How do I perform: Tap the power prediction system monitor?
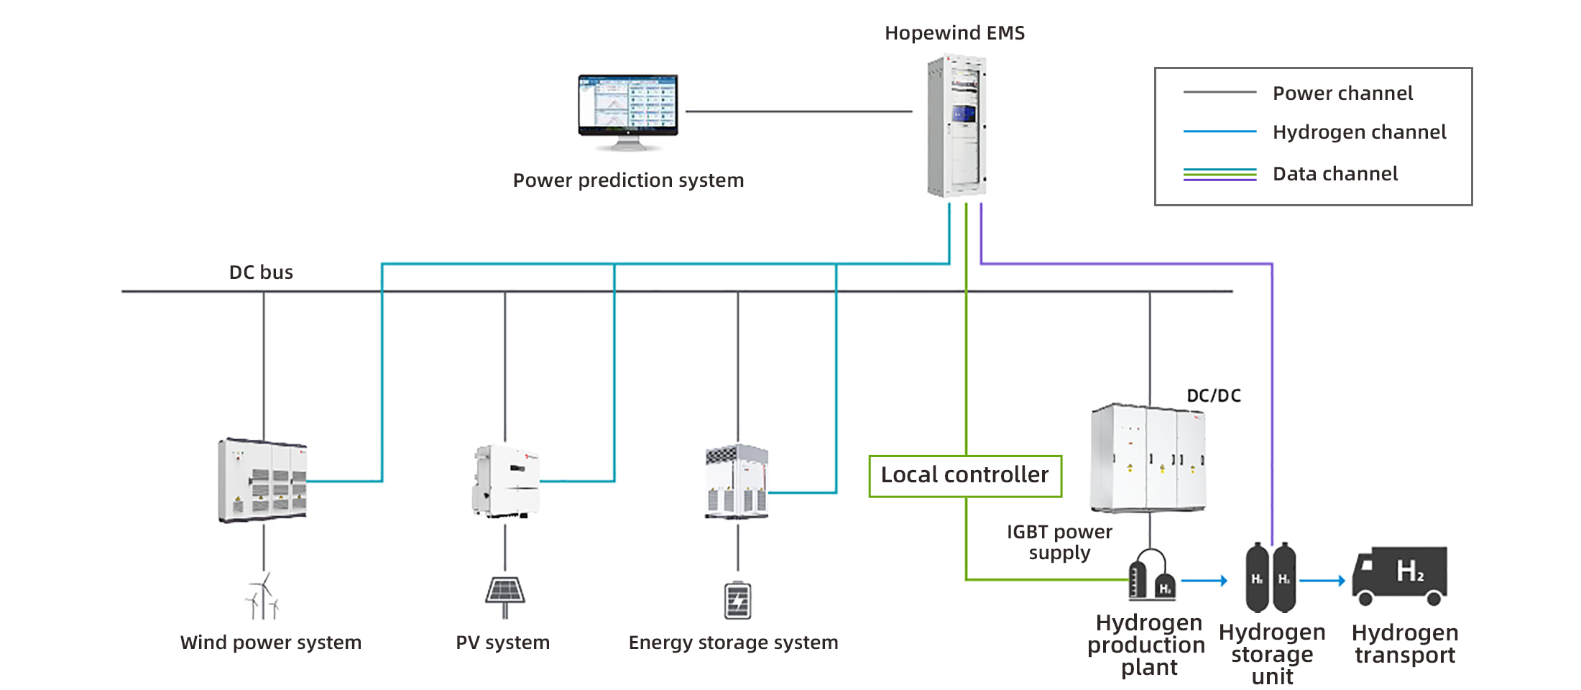click(x=628, y=111)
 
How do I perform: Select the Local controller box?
click(x=965, y=476)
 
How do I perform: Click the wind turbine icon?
click(x=263, y=597)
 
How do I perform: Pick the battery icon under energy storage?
click(x=738, y=600)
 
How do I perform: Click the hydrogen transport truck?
click(x=1400, y=576)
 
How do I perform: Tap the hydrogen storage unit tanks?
click(x=1271, y=578)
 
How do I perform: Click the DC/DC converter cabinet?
click(x=1148, y=458)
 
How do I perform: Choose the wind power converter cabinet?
click(x=262, y=479)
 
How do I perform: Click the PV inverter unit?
click(x=505, y=480)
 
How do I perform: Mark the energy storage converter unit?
click(x=737, y=482)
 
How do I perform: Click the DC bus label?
click(x=261, y=272)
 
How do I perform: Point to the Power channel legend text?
click(x=1342, y=93)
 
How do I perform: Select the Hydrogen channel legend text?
click(x=1359, y=132)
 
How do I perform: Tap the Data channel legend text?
click(x=1335, y=174)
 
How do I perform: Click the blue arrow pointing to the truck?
click(x=1322, y=580)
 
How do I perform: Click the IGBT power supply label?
click(x=1059, y=542)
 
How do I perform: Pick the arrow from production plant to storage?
click(x=1204, y=580)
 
